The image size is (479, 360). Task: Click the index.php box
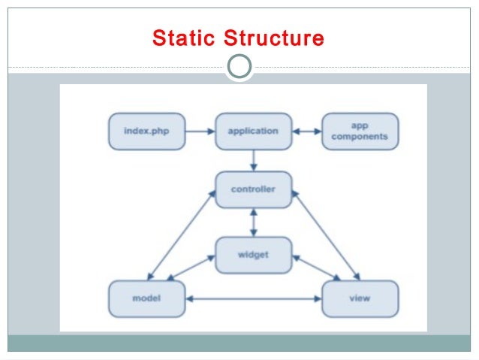(x=146, y=132)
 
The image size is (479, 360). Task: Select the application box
(x=253, y=132)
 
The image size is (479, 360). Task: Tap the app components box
(x=360, y=132)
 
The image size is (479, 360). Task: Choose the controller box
(x=253, y=189)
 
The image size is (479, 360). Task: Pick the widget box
(x=253, y=254)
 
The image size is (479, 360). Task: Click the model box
(x=146, y=298)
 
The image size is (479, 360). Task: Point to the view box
(x=360, y=298)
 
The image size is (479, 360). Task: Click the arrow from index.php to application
(x=200, y=132)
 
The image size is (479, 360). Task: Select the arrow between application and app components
(x=306, y=132)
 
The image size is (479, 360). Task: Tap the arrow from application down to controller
(x=254, y=160)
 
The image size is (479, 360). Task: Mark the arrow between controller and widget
(x=254, y=222)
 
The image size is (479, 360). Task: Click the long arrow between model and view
(x=253, y=299)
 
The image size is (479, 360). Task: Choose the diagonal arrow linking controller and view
(x=324, y=235)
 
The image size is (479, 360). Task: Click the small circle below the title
(x=239, y=67)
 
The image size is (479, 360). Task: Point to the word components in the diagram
(x=360, y=138)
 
